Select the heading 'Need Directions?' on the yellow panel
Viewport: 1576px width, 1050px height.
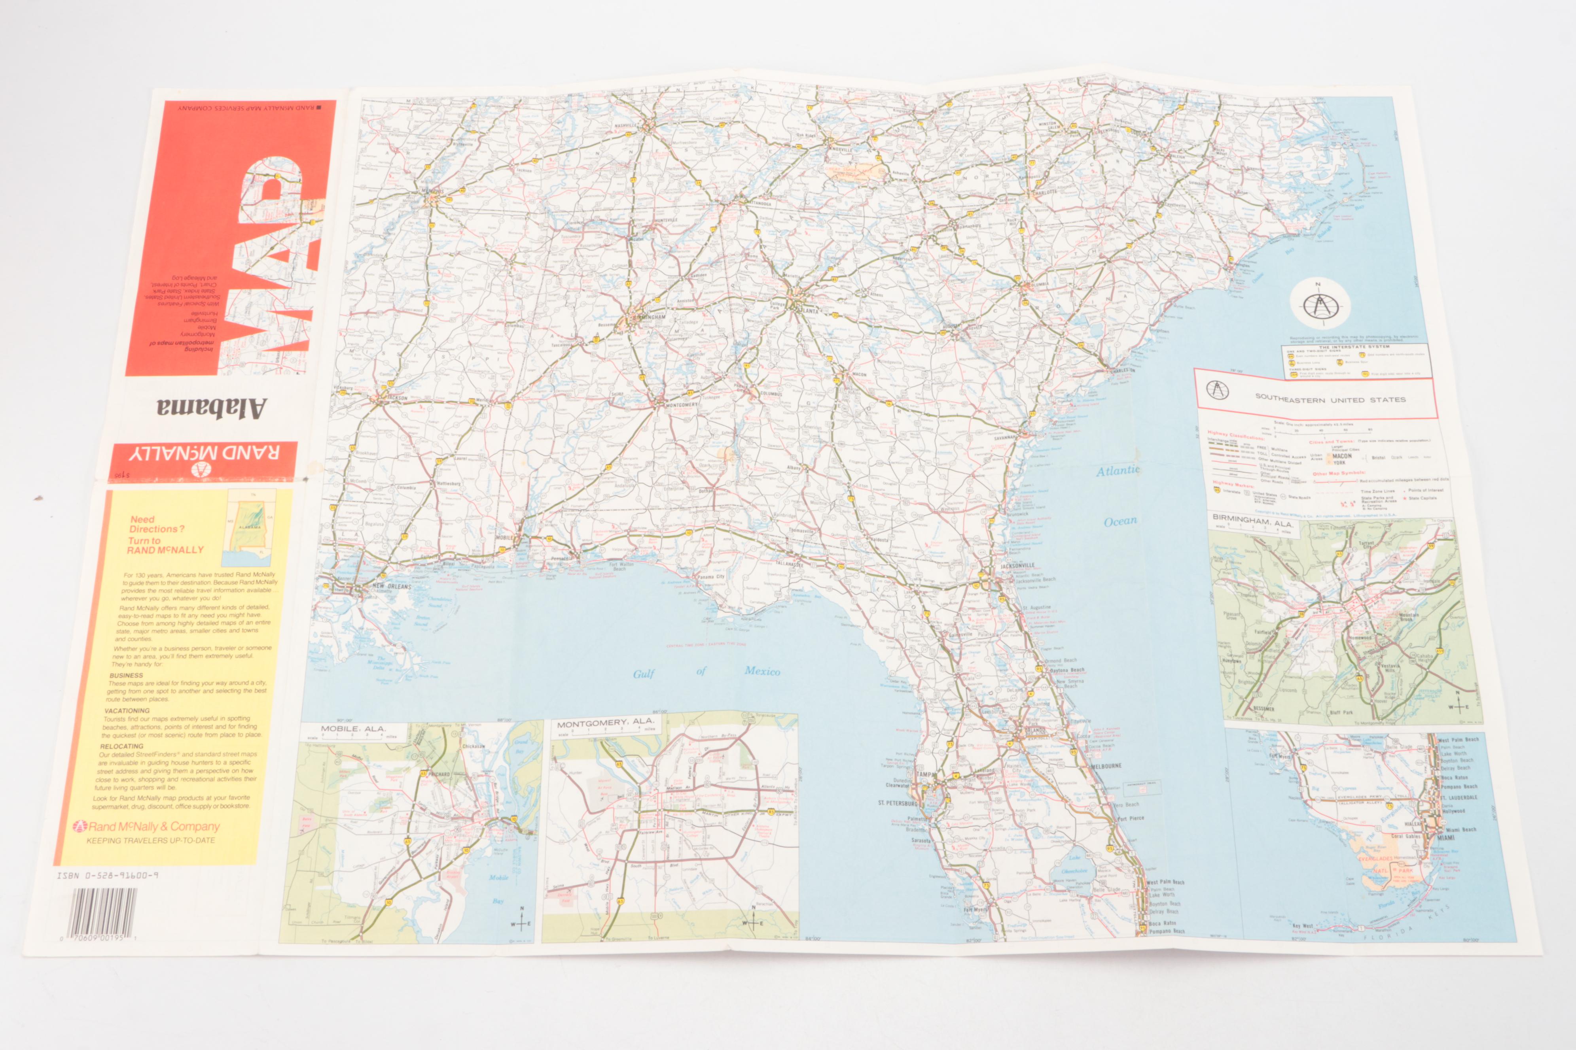(x=157, y=524)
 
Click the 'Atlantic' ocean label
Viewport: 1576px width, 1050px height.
(x=1117, y=471)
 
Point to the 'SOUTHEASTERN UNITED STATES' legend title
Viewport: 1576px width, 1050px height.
(x=1330, y=399)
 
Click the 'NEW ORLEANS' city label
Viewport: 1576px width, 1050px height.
(x=392, y=586)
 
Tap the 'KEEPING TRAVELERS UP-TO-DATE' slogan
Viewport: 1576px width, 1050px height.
(x=151, y=840)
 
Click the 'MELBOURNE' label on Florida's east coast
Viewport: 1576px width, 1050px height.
(x=1106, y=765)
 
